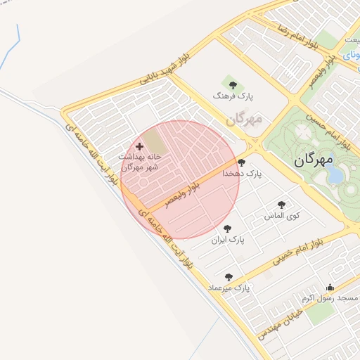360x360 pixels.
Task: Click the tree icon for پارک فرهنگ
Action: pyautogui.click(x=227, y=83)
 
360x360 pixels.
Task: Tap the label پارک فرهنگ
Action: pyautogui.click(x=227, y=94)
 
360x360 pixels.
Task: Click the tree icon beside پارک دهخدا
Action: pyautogui.click(x=242, y=162)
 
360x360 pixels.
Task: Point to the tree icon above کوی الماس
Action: pyautogui.click(x=281, y=205)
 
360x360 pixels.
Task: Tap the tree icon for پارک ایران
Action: pyautogui.click(x=227, y=229)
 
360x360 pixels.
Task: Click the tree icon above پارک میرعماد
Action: pyautogui.click(x=228, y=277)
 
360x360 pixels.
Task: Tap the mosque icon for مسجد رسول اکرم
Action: pyautogui.click(x=330, y=288)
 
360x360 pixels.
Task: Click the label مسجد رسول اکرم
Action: pyautogui.click(x=330, y=298)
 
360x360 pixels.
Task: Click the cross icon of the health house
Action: pyautogui.click(x=139, y=147)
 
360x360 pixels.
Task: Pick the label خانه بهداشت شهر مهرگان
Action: pyautogui.click(x=139, y=162)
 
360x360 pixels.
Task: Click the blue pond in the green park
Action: pyautogui.click(x=336, y=174)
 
